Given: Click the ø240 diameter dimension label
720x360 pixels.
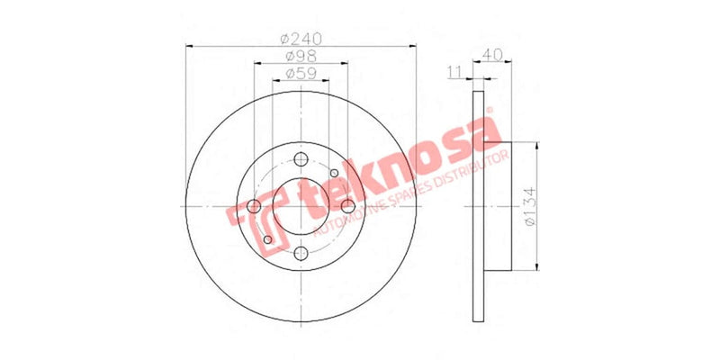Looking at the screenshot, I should click(x=301, y=40).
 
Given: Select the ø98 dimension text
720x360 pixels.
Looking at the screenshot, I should click(x=301, y=58).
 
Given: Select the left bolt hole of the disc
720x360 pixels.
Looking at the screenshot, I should click(x=256, y=207).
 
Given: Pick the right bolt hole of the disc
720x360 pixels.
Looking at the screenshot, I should click(x=347, y=207).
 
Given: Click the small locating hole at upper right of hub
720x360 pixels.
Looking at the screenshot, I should click(x=334, y=174).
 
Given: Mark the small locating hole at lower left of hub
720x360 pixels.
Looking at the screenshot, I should click(x=268, y=240).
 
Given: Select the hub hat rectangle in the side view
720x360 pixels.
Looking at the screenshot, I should click(x=499, y=206).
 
